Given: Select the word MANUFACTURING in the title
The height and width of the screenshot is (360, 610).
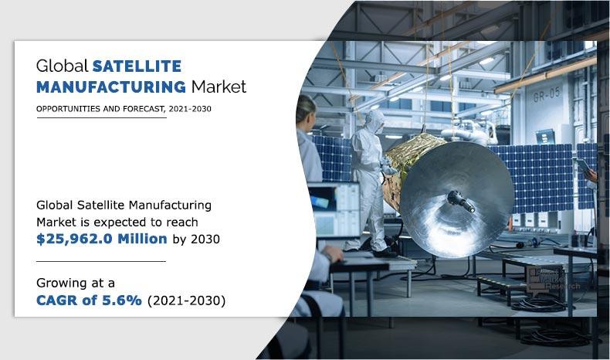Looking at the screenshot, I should (110, 86).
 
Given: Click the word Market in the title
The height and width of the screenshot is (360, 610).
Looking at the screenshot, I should (219, 86).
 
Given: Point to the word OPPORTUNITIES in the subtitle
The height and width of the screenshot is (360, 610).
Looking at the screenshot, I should (69, 109).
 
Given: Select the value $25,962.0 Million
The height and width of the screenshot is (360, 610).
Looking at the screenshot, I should (102, 239).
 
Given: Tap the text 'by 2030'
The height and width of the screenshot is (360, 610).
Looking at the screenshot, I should (195, 239).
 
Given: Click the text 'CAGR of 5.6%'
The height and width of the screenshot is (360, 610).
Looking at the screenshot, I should (89, 301).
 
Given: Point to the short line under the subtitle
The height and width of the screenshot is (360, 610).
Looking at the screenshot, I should (100, 118).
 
